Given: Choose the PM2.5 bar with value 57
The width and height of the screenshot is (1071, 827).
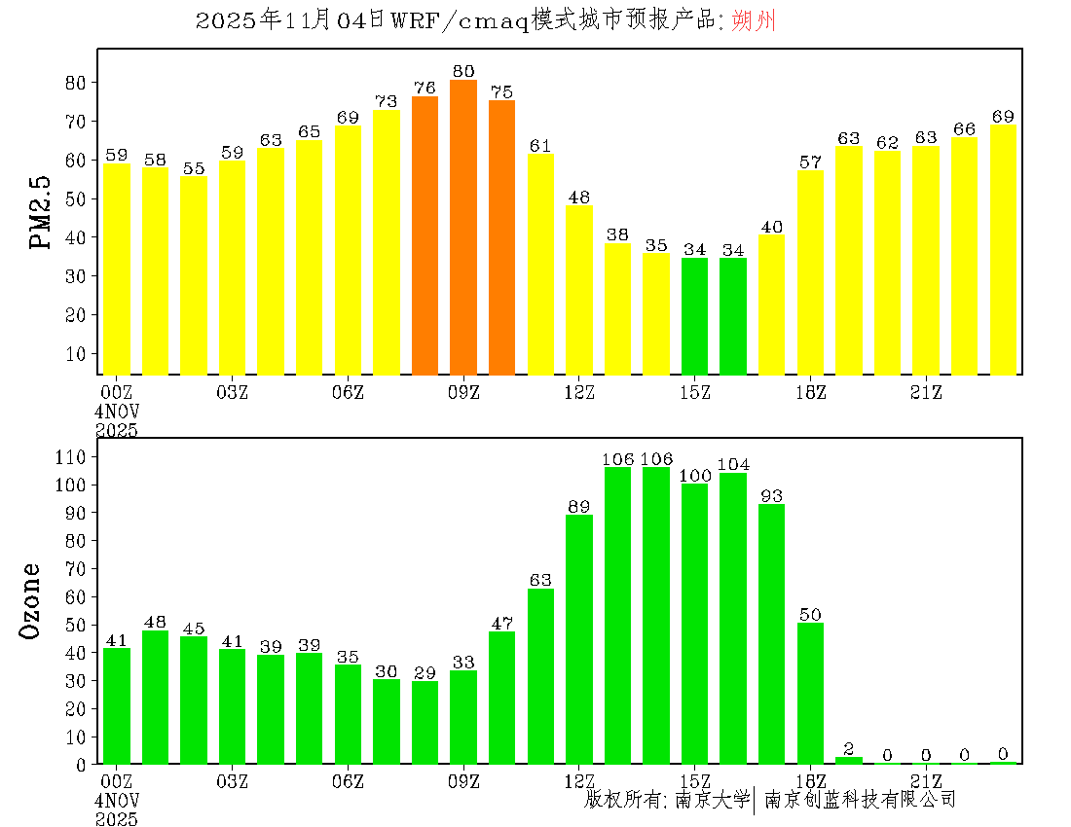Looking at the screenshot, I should point(810,272).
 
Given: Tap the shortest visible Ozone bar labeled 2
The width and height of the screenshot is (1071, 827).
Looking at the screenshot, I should point(849,760).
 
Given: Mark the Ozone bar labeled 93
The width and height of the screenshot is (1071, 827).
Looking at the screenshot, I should point(772,633).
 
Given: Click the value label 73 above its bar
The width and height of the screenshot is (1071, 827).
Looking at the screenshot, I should point(387,101).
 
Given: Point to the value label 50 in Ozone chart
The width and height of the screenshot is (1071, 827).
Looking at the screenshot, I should point(810,614).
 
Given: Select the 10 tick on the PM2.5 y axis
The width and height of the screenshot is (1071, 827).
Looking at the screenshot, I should point(76,353).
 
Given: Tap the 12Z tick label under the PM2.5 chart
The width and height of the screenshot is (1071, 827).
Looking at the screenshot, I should point(579,392).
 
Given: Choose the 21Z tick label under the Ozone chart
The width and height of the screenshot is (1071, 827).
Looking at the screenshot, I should point(926,781).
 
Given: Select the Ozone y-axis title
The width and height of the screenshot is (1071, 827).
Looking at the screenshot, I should point(31,600).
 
